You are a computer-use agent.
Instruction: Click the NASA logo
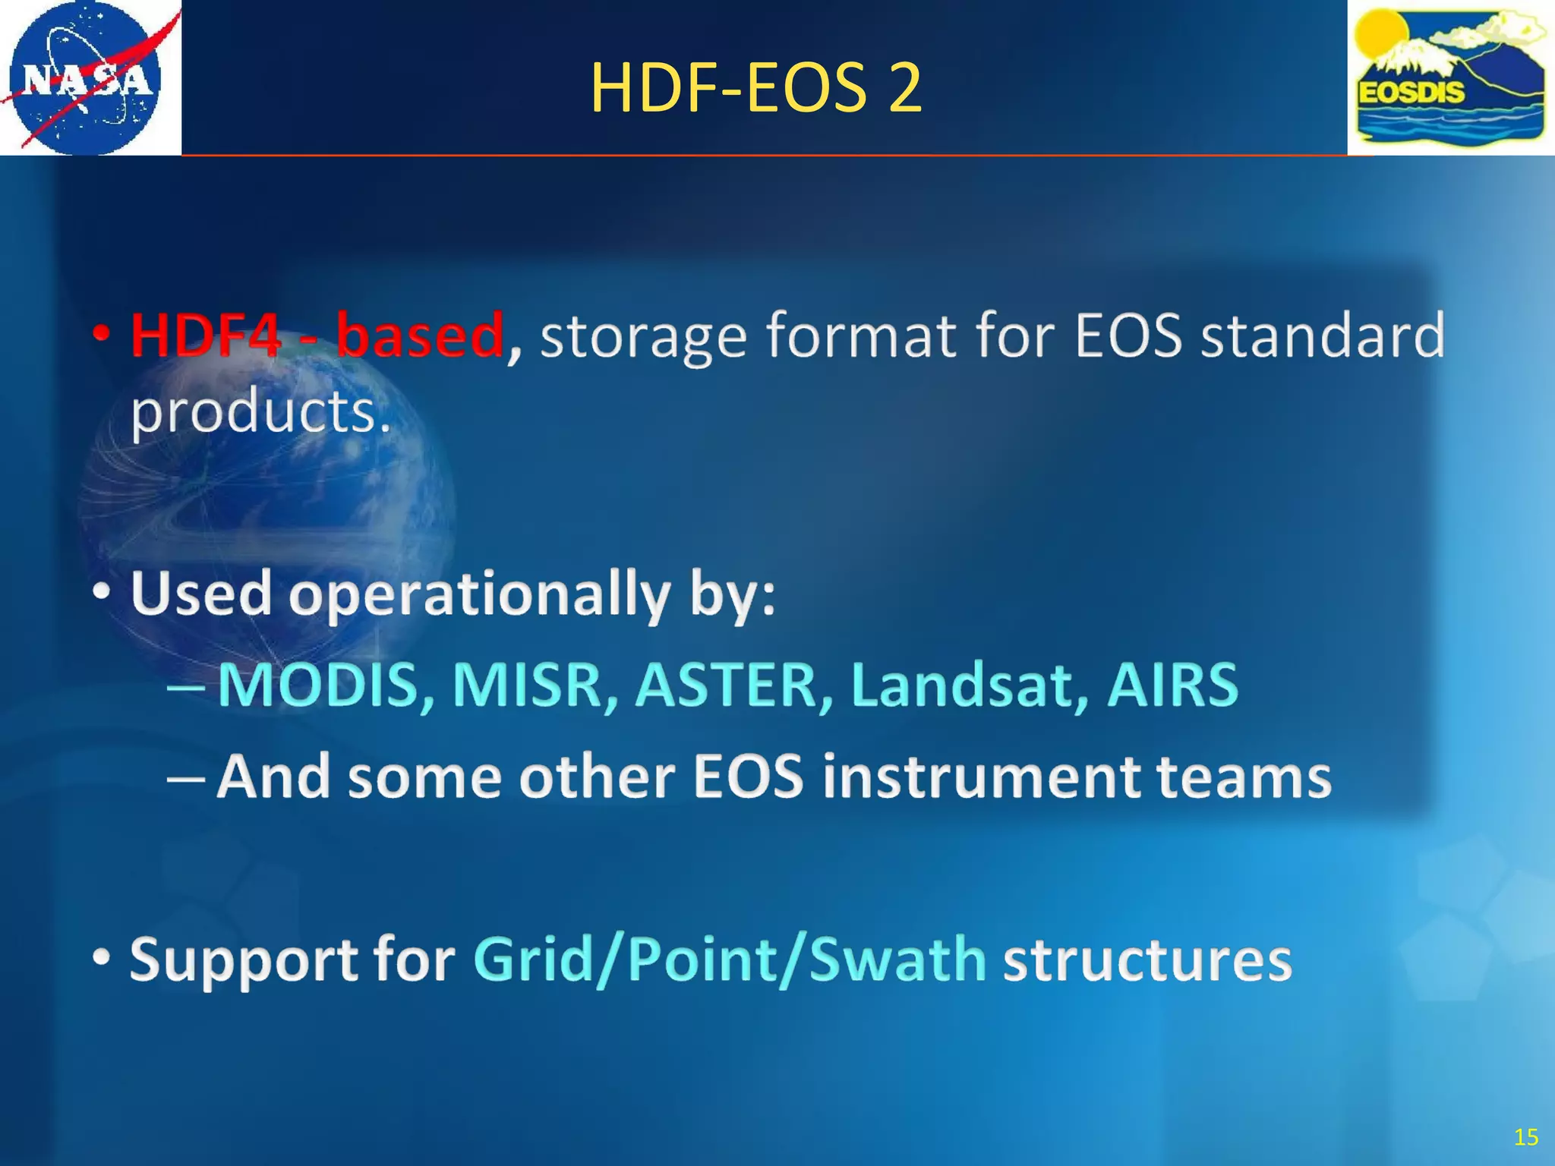[85, 77]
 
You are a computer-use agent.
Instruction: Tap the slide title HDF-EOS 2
[755, 88]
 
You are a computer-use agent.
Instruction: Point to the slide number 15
[1525, 1136]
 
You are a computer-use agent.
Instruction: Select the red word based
[420, 335]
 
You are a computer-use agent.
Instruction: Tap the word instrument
[981, 777]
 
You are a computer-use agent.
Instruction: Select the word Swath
[897, 960]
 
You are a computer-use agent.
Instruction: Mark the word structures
[1147, 960]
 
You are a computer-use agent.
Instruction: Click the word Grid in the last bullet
[532, 960]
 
